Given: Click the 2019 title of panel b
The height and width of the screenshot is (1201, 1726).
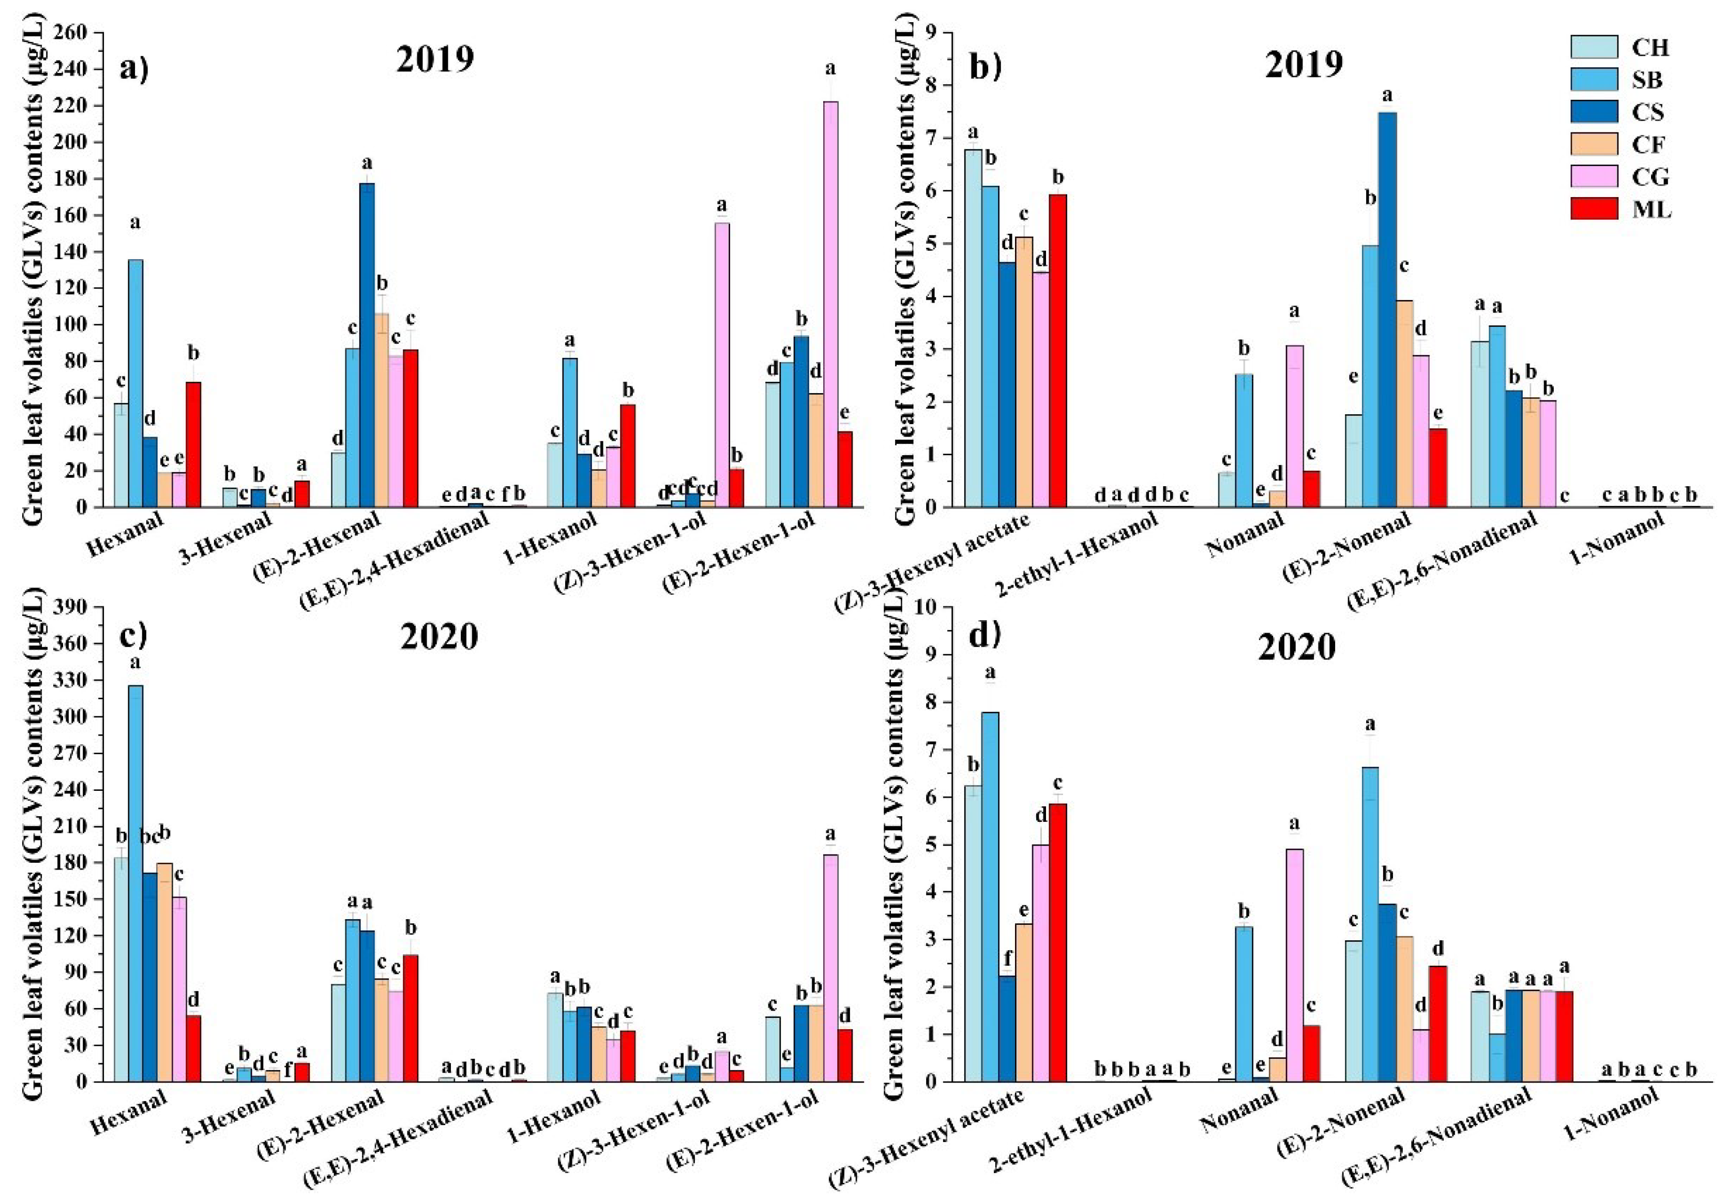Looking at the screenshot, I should point(1304,65).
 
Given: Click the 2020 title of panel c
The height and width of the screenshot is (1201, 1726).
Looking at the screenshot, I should point(439,638).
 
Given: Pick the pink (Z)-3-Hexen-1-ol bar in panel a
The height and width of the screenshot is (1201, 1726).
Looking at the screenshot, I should point(722,365).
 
